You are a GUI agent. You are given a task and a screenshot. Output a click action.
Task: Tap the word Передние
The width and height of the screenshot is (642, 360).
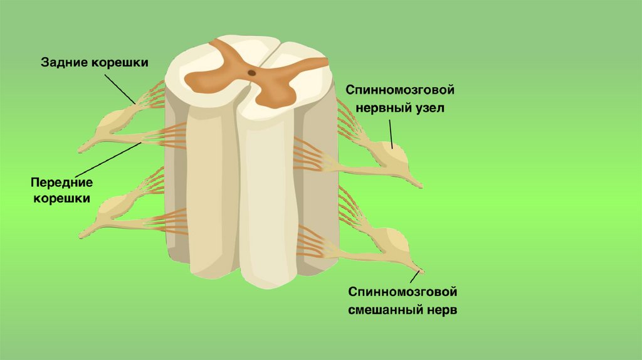coord(61,183)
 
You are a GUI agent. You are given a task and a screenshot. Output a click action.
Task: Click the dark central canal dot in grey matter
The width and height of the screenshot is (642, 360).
coord(251,73)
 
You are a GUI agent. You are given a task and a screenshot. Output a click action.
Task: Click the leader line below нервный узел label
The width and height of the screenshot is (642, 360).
coord(391,132)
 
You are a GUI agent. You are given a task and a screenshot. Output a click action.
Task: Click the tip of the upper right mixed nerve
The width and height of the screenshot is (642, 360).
coord(419,186)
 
